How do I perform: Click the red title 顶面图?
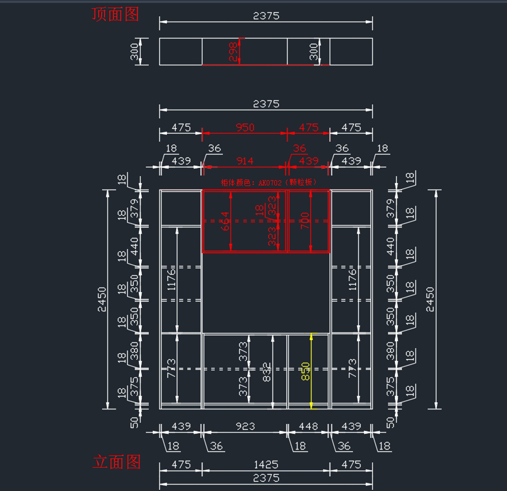tap(115, 14)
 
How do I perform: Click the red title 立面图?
tap(117, 462)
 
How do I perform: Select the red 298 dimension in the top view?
tap(233, 52)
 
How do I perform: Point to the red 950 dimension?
tap(245, 127)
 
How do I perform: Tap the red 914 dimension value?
tap(245, 161)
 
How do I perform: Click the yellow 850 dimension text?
tap(305, 371)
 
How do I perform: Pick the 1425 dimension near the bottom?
tap(266, 464)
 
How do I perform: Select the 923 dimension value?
tap(245, 426)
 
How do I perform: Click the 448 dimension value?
tap(308, 426)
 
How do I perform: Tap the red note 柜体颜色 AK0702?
tap(269, 182)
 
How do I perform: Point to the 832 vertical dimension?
tap(267, 372)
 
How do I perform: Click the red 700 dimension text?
tap(305, 220)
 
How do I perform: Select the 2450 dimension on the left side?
tap(102, 299)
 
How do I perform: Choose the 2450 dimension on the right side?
tap(430, 299)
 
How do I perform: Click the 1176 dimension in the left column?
tap(171, 279)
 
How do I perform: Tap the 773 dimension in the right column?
tap(352, 368)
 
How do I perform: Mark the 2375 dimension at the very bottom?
tap(266, 478)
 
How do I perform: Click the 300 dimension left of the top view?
tap(134, 52)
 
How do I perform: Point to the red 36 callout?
tap(299, 148)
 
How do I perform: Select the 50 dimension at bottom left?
tap(134, 422)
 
